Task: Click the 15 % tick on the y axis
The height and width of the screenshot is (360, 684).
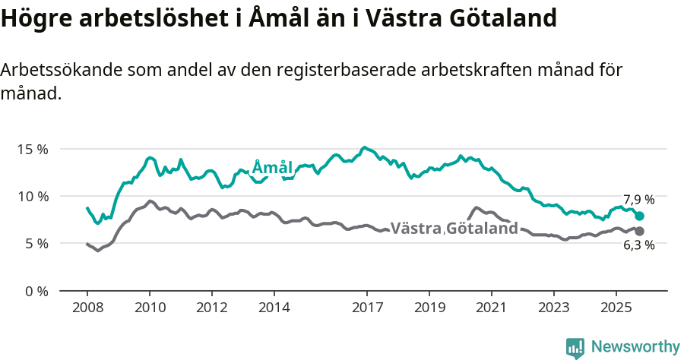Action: click(32, 149)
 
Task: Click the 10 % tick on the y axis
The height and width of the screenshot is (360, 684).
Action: click(32, 196)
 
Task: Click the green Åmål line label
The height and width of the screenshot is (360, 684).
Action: click(272, 167)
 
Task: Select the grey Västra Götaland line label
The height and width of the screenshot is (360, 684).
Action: click(454, 228)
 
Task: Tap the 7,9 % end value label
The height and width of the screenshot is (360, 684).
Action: click(638, 200)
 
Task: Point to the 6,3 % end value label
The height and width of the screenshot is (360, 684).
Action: click(638, 245)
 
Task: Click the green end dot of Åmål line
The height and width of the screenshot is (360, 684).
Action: click(639, 216)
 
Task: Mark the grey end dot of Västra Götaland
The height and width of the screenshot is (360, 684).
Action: click(639, 231)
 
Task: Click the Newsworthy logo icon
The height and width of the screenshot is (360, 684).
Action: click(575, 347)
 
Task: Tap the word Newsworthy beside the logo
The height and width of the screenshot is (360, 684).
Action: click(635, 347)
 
